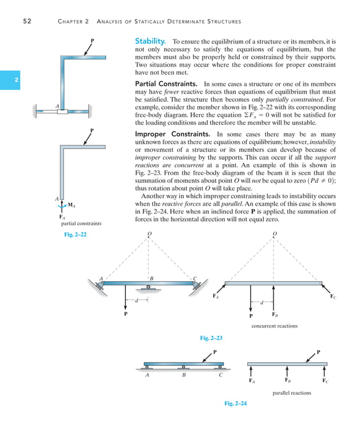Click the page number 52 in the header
pos(27,21)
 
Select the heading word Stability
pos(150,41)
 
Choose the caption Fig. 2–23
pos(211,338)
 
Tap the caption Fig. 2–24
pos(235,403)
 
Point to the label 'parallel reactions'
pos(292,392)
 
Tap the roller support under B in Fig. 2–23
pos(148,288)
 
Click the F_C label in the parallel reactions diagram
pos(326,381)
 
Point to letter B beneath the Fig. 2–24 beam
pos(183,374)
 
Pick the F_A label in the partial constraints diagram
pos(62,216)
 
